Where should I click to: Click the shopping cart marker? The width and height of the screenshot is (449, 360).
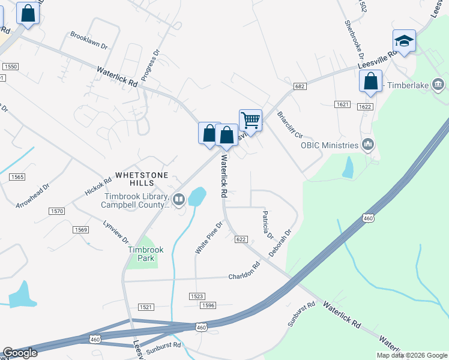[250, 119]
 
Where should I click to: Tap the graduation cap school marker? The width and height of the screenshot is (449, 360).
[404, 41]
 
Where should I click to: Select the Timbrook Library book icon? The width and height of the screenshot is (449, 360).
[179, 199]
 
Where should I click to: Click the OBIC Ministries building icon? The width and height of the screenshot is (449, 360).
[368, 145]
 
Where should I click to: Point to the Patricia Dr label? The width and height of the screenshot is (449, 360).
[267, 223]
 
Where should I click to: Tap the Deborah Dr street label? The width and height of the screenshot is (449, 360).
[280, 242]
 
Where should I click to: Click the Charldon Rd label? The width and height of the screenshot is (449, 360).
[244, 271]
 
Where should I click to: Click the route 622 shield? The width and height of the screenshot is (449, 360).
[241, 239]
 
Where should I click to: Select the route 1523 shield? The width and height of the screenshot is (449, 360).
[197, 296]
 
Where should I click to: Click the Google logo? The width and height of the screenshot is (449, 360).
[20, 353]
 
